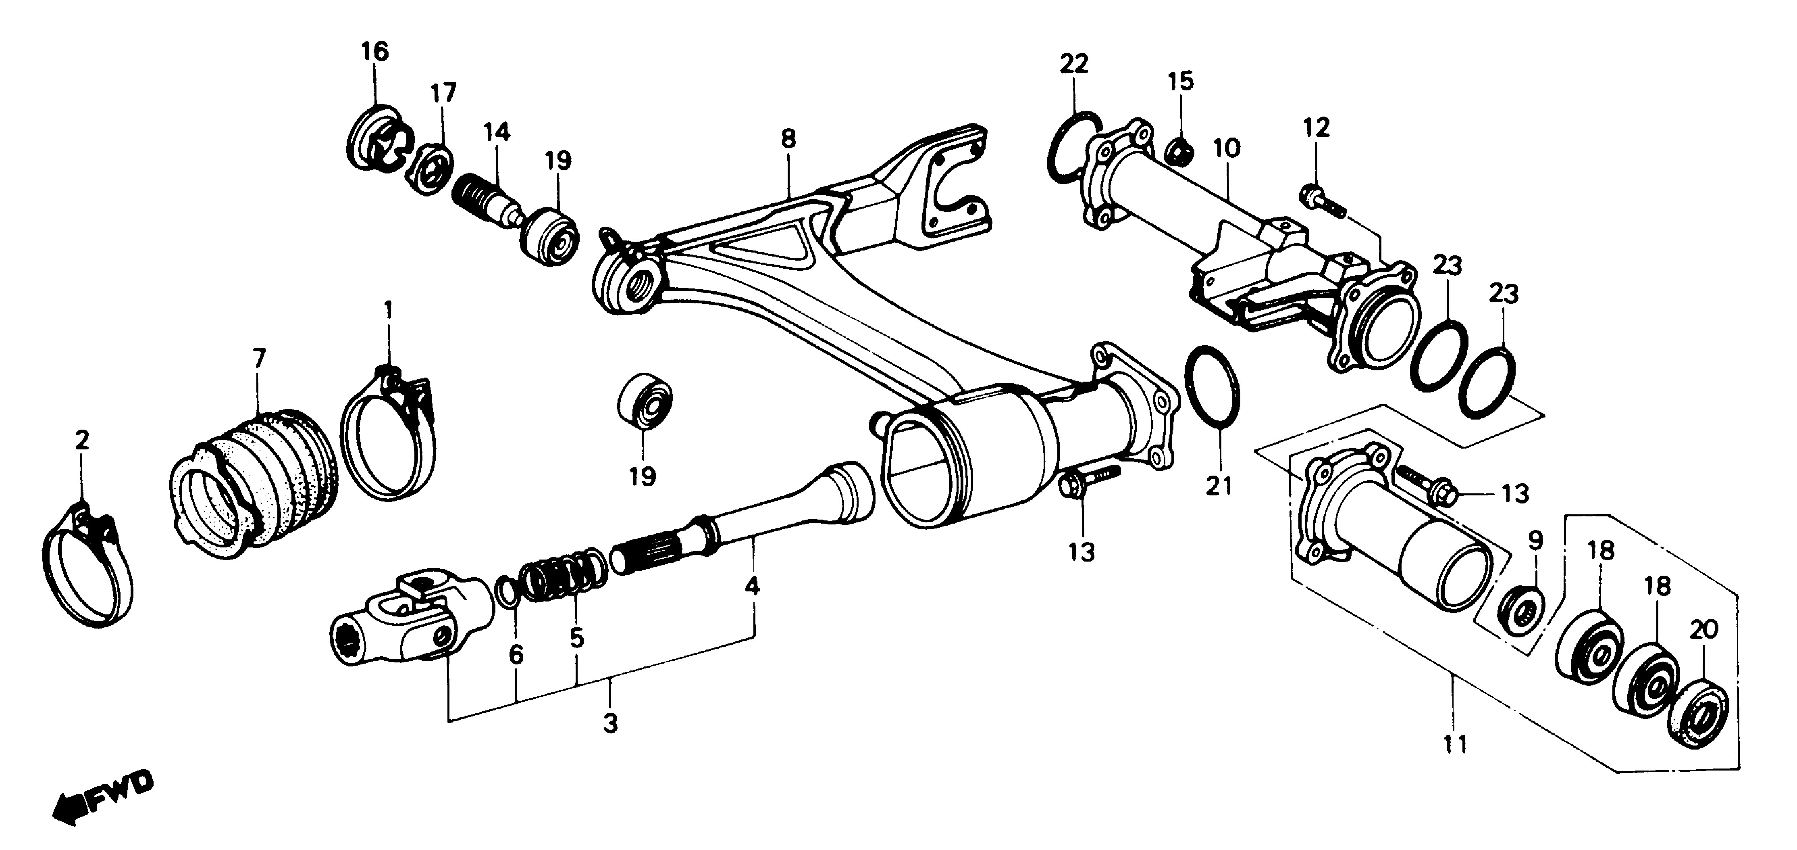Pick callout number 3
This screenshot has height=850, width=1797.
click(610, 723)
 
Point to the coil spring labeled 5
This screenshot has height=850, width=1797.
click(562, 569)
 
